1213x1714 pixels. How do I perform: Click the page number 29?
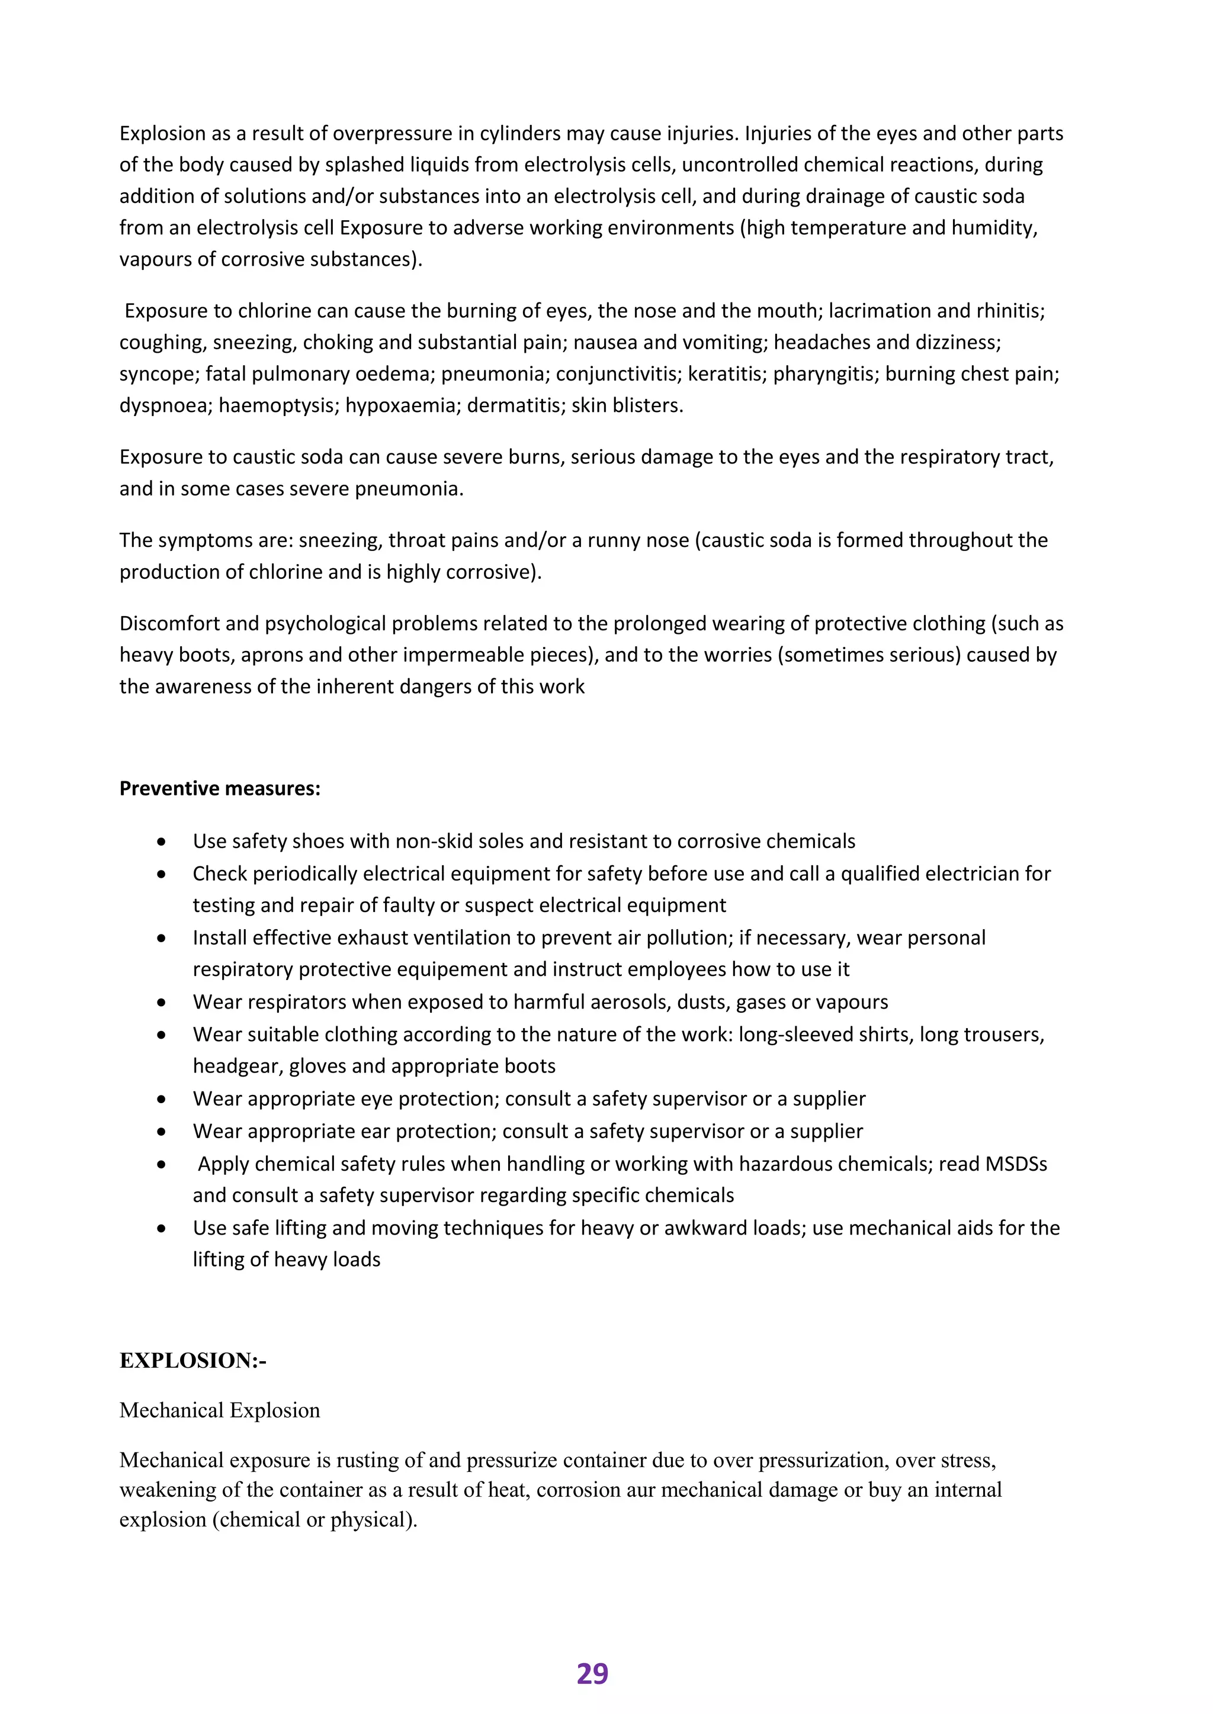[592, 1674]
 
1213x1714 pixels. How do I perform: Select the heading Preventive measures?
[220, 788]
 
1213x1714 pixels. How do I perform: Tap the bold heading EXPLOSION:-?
[192, 1360]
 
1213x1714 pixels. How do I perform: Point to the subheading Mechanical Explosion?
[220, 1410]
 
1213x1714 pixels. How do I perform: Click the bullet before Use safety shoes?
[161, 842]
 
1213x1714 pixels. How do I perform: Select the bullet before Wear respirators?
[161, 1002]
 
